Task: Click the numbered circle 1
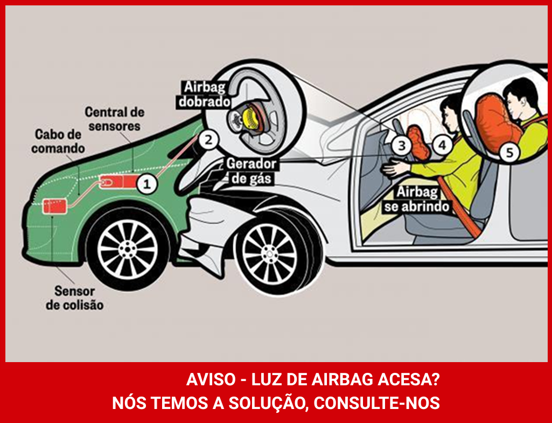(x=147, y=184)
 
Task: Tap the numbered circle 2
(x=208, y=140)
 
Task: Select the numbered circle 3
(x=402, y=145)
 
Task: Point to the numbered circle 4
(x=442, y=145)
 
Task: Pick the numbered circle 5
(x=509, y=152)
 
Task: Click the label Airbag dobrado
(x=205, y=94)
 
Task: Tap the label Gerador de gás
(x=250, y=171)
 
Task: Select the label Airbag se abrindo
(x=417, y=199)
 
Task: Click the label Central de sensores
(x=114, y=119)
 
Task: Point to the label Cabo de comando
(x=58, y=141)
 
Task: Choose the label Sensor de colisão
(x=75, y=298)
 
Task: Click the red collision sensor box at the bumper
(x=54, y=206)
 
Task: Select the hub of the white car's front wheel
(x=269, y=253)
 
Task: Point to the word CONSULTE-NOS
(x=376, y=403)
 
